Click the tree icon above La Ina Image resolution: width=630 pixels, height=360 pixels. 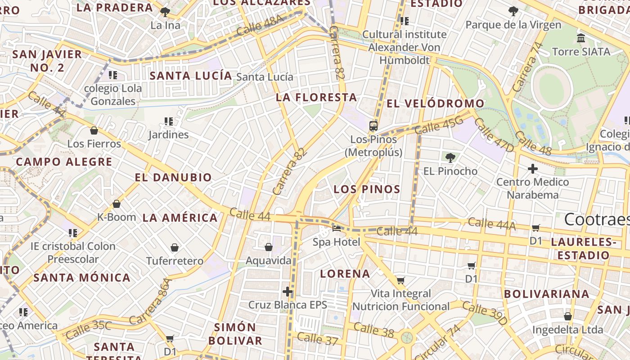[x=165, y=12]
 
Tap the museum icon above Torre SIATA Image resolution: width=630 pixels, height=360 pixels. [x=581, y=38]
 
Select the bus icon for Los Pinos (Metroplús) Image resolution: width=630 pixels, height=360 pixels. [x=373, y=126]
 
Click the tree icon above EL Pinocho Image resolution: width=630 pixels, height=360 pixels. [x=450, y=157]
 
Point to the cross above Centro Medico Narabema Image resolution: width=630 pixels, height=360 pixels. [x=533, y=169]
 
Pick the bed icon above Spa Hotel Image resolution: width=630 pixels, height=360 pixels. [x=337, y=228]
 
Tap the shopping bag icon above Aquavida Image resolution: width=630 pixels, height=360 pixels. [x=269, y=247]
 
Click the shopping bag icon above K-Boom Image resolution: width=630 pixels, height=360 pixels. [x=117, y=204]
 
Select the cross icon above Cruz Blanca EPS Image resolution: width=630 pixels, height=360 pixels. [x=288, y=292]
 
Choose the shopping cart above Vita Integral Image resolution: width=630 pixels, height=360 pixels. [x=400, y=280]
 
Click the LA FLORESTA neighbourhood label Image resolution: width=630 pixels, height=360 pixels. [x=316, y=97]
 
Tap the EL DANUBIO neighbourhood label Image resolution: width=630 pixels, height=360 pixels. [x=173, y=177]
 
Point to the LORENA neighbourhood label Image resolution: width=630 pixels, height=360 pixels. [x=345, y=274]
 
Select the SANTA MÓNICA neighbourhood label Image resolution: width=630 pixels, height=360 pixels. [x=82, y=278]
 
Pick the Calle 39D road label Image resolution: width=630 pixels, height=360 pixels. [x=484, y=314]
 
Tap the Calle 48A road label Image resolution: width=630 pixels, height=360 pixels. [x=260, y=26]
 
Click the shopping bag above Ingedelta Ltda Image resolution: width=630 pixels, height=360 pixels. [x=568, y=316]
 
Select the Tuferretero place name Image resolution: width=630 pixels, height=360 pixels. [x=175, y=261]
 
